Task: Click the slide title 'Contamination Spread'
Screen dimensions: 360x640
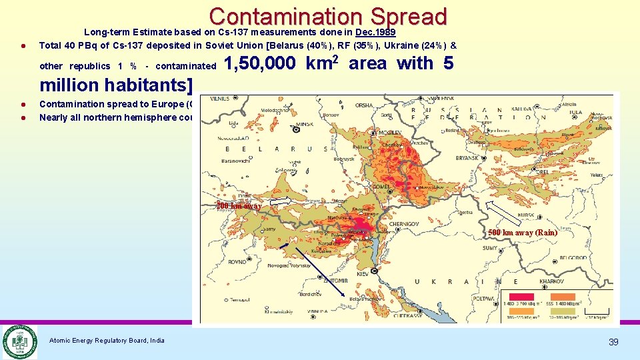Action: click(x=327, y=17)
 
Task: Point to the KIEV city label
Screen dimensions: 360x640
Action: click(x=362, y=274)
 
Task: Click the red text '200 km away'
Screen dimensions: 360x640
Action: click(x=239, y=206)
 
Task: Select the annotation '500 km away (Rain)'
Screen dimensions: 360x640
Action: click(x=522, y=233)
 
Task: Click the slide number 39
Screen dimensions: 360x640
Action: click(x=613, y=342)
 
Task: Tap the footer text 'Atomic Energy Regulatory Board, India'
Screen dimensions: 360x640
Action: click(x=107, y=341)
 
